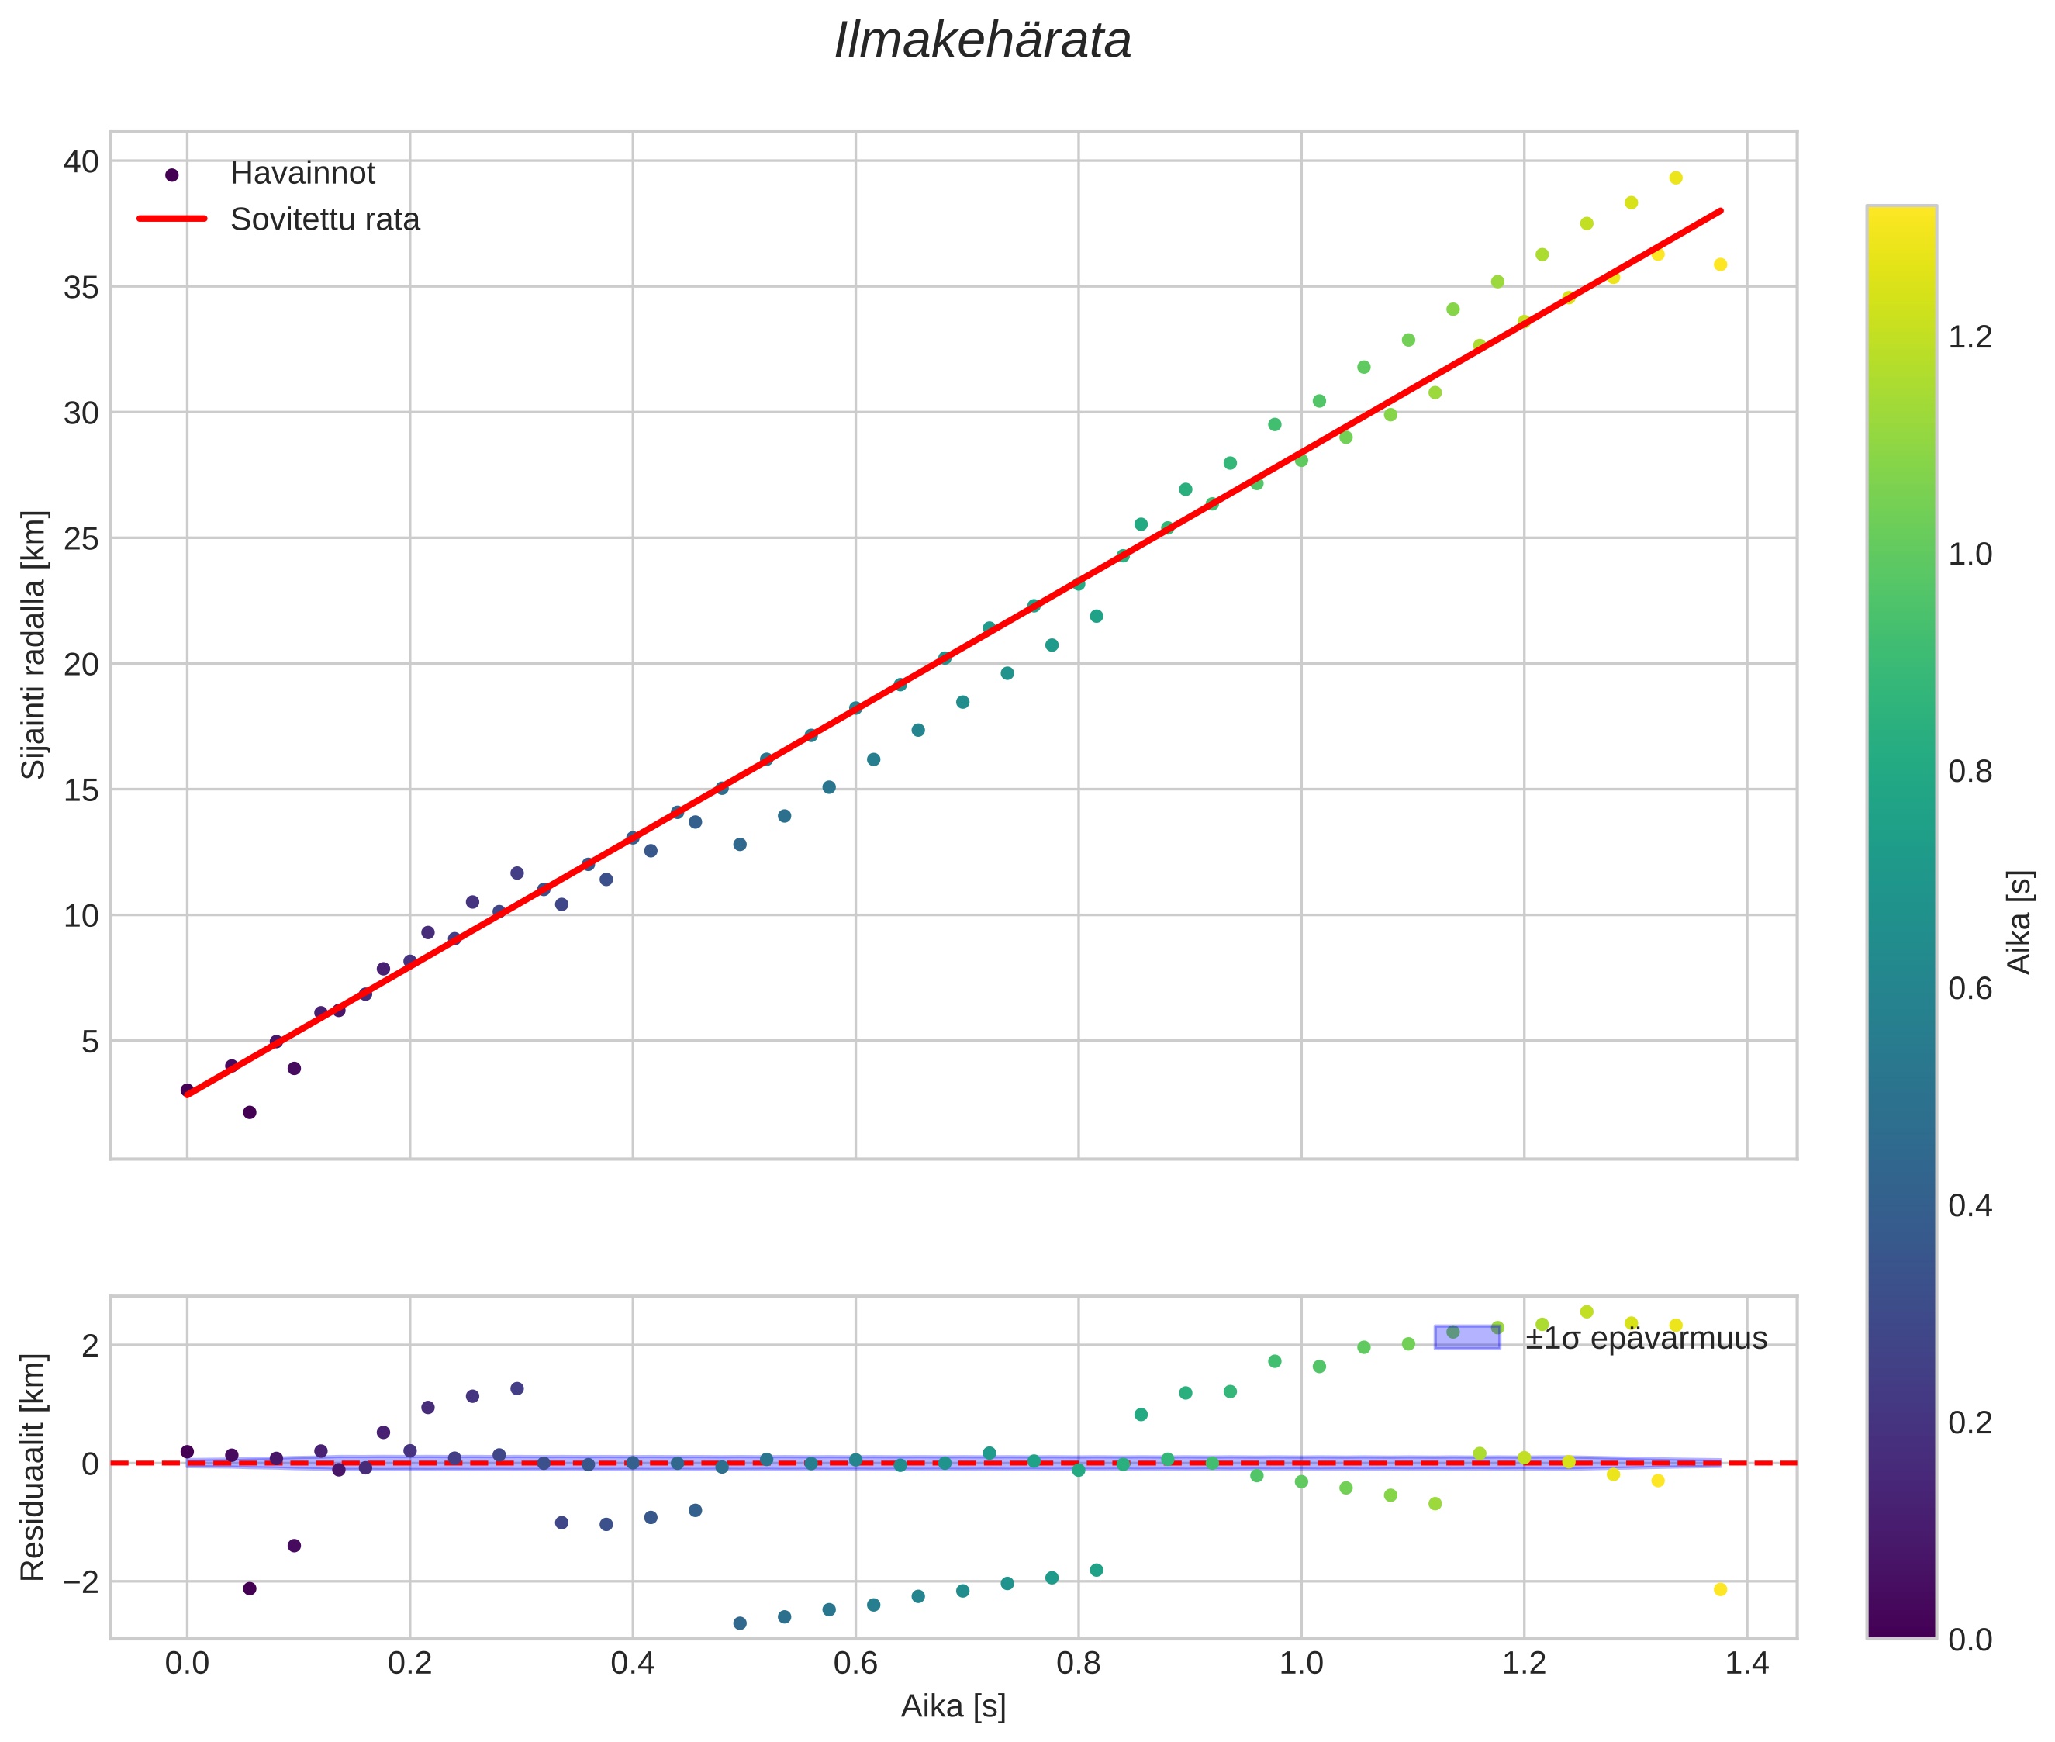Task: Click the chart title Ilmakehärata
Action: point(982,41)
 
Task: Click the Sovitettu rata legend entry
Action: point(324,219)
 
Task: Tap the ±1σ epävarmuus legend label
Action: point(1646,1338)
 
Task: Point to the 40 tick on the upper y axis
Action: point(81,161)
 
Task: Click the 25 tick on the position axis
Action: point(81,538)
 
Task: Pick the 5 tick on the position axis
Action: point(90,1041)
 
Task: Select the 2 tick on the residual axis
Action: point(90,1345)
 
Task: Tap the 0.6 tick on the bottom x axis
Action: point(855,1663)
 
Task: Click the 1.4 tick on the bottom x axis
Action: point(1747,1663)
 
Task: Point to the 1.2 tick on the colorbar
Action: point(1970,337)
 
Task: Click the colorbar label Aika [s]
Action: point(2020,922)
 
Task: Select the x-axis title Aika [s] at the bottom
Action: point(953,1706)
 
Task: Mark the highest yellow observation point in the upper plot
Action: point(1676,178)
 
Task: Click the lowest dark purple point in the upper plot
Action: point(250,1112)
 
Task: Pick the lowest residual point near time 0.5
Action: point(740,1623)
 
